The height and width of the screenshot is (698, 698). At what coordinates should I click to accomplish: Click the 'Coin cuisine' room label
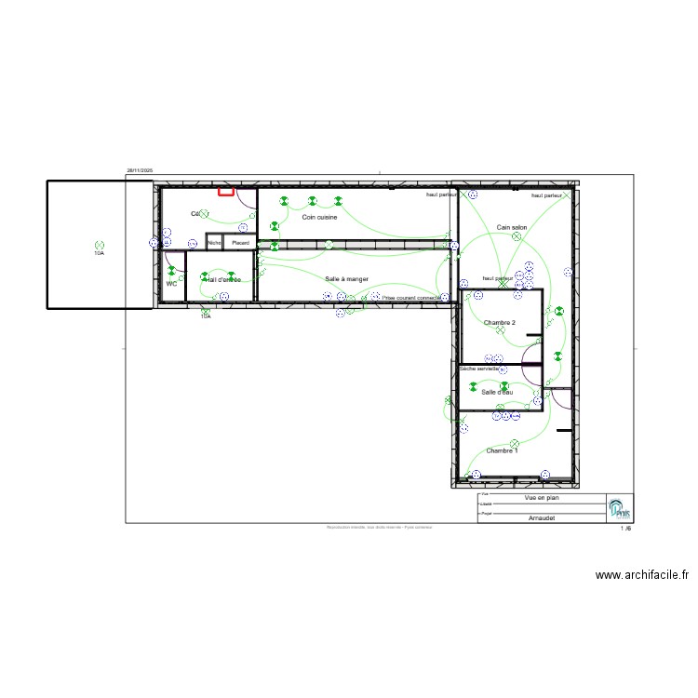point(319,217)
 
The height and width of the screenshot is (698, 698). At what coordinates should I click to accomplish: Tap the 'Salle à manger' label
point(346,278)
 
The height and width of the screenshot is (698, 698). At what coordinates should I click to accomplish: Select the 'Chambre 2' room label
point(499,322)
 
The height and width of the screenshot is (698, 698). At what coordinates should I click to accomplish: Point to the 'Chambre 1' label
point(502,450)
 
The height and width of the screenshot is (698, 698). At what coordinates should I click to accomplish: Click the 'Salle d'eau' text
point(497,392)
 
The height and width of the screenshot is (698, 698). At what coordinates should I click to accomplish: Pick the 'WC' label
point(171,283)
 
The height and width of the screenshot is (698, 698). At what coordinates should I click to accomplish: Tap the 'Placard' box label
point(241,243)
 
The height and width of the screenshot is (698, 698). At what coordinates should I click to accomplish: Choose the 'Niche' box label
point(214,243)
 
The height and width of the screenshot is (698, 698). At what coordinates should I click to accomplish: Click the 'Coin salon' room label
point(512,226)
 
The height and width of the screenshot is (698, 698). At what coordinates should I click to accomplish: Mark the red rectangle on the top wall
point(225,192)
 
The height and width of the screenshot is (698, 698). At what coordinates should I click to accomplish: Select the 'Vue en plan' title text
point(543,498)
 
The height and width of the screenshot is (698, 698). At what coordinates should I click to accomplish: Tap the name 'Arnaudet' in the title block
point(542,517)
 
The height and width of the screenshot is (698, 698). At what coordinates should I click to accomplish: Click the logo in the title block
point(619,508)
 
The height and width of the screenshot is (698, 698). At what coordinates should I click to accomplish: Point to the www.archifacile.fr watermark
point(642,576)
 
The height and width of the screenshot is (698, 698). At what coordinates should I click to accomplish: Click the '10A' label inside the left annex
point(99,252)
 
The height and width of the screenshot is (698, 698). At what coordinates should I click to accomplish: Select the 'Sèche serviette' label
point(479,369)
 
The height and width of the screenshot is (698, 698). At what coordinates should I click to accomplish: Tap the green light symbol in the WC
point(171,271)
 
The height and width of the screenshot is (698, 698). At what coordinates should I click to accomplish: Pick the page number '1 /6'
point(625,529)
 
